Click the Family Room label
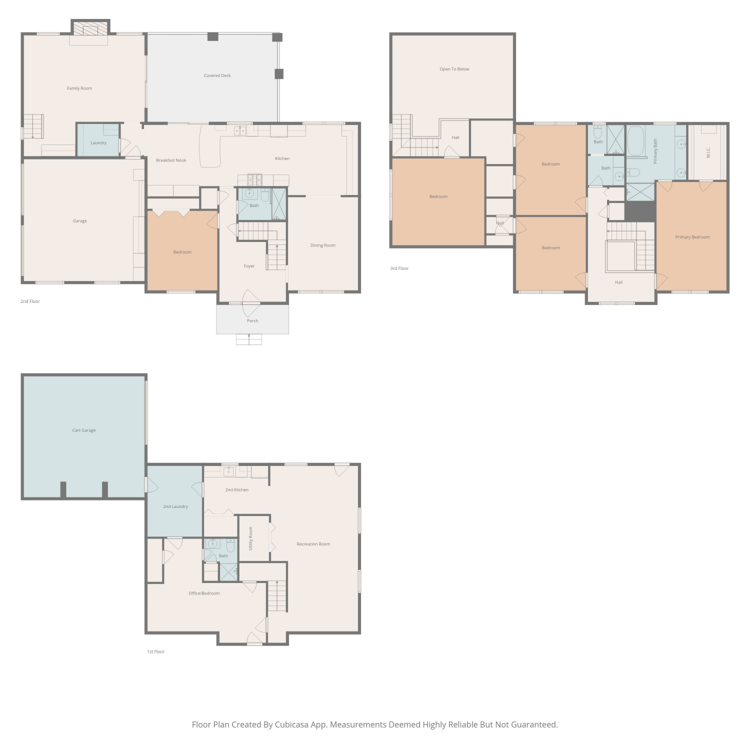pyautogui.click(x=79, y=88)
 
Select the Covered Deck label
pyautogui.click(x=217, y=75)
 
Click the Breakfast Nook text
pyautogui.click(x=171, y=160)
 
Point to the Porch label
pyautogui.click(x=252, y=321)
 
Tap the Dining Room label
pyautogui.click(x=323, y=245)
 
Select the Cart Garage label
pyautogui.click(x=84, y=430)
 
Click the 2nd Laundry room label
pyautogui.click(x=175, y=506)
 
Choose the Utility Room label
pyautogui.click(x=251, y=538)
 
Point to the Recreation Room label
pyautogui.click(x=313, y=544)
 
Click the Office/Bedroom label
pyautogui.click(x=204, y=593)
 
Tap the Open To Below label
pyautogui.click(x=454, y=69)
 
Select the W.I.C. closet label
pyautogui.click(x=708, y=152)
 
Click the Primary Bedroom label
pyautogui.click(x=692, y=237)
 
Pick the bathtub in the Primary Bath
pyautogui.click(x=636, y=141)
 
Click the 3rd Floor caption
pyautogui.click(x=399, y=268)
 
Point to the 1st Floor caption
pyautogui.click(x=155, y=652)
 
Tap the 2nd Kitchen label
pyautogui.click(x=237, y=490)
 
